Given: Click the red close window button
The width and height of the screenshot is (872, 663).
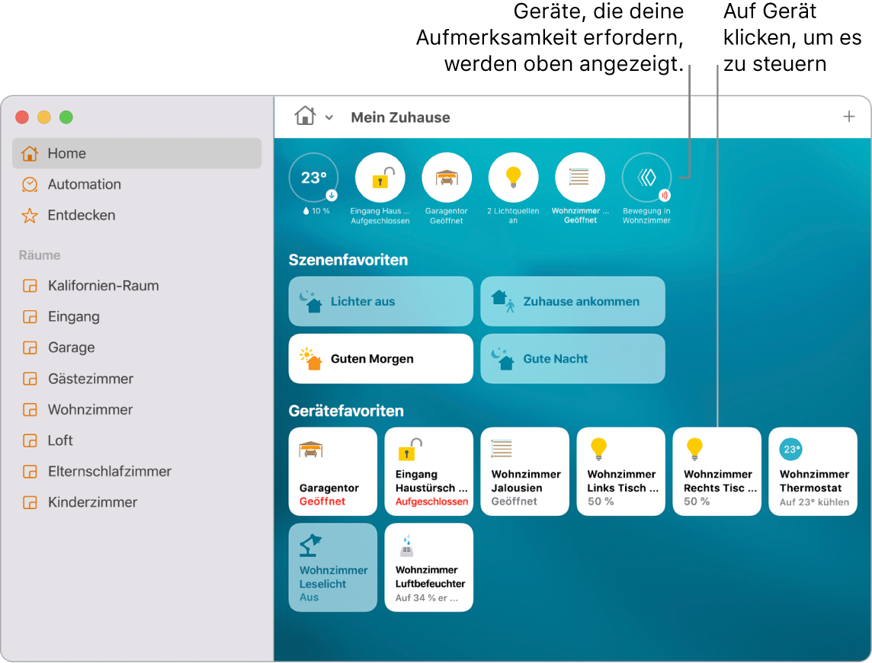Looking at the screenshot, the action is point(22,117).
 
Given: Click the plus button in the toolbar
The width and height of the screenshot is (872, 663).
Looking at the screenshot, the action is point(848,117).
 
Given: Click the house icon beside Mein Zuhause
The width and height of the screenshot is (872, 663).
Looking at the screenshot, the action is point(306,117).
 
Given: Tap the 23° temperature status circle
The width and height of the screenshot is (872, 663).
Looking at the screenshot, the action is point(313,178).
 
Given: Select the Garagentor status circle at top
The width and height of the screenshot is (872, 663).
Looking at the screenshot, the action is point(447,178).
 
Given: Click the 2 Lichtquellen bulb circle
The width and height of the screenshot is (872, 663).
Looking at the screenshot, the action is point(513,178).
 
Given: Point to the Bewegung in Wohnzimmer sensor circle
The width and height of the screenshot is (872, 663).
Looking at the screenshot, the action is point(646,178).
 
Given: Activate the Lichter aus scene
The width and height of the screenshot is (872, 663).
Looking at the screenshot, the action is point(381,302).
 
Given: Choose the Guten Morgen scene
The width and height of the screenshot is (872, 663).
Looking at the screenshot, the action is point(381,359).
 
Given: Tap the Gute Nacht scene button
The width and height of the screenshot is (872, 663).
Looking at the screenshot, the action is point(572,359).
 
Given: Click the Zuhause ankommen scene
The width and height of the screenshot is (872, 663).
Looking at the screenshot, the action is point(572,302).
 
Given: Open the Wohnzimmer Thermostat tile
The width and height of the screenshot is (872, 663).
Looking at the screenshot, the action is point(813,472).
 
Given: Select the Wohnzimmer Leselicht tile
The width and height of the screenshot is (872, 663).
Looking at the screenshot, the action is point(333,567).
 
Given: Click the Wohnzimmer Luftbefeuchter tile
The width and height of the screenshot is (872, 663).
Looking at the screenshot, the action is point(429,567).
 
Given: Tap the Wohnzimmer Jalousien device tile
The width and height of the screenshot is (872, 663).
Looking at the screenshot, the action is point(525,472).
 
